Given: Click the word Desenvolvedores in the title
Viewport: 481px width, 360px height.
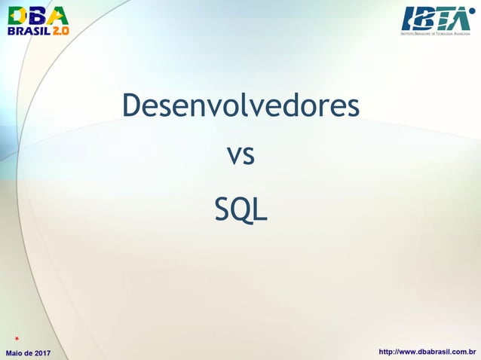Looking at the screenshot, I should click(240, 107).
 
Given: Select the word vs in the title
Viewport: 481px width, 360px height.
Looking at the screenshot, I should click(240, 157).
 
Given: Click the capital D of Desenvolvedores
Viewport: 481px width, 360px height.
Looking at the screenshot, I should click(132, 106).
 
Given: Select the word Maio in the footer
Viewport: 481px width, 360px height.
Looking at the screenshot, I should click(17, 352).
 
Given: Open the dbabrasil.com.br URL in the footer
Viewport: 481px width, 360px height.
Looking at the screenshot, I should click(427, 352).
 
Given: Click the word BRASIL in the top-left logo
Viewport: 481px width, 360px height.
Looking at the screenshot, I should click(28, 31).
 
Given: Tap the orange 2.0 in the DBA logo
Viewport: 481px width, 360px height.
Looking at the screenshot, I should click(60, 31).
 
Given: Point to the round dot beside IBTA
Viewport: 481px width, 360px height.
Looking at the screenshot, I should click(473, 11).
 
